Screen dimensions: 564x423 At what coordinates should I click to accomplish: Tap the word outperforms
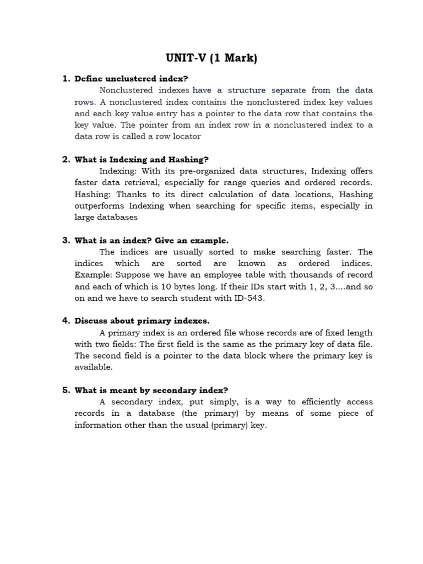100,205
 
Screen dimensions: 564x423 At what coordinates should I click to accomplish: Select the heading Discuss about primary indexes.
142,321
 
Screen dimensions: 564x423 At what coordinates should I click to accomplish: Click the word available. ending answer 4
94,367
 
